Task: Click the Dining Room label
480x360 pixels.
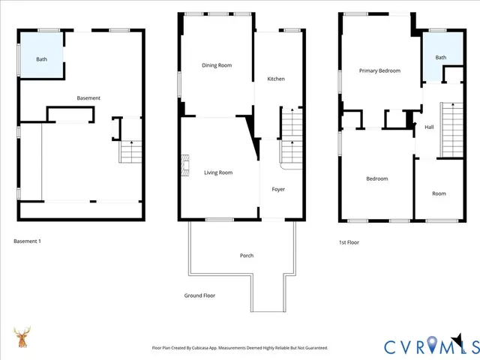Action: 217,65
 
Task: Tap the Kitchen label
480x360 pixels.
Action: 276,79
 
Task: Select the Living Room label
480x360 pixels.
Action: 218,172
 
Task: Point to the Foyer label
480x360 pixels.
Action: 278,189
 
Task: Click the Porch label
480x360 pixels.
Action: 247,256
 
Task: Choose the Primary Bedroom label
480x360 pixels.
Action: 379,70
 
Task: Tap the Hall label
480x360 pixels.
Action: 429,127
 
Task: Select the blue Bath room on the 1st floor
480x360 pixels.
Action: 440,58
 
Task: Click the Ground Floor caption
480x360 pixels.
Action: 199,295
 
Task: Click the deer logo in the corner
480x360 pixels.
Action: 22,338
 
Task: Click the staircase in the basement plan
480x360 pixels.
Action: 131,152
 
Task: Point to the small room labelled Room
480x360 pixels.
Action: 439,193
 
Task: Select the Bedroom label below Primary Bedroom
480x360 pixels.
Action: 376,178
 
